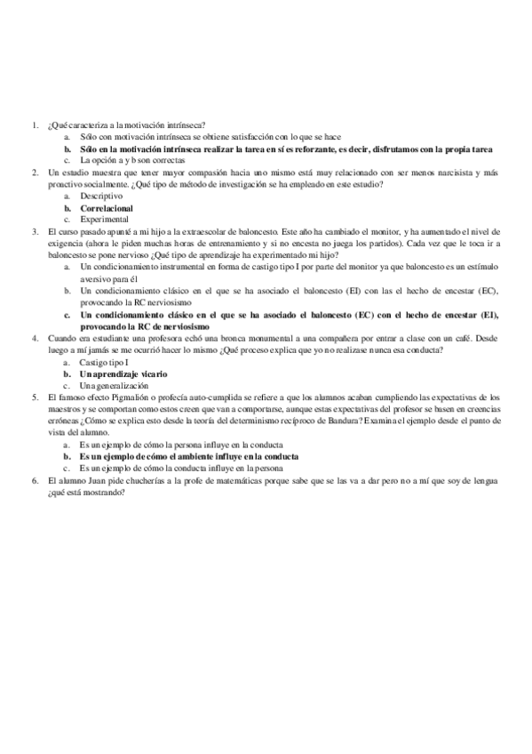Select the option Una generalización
point(114,385)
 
